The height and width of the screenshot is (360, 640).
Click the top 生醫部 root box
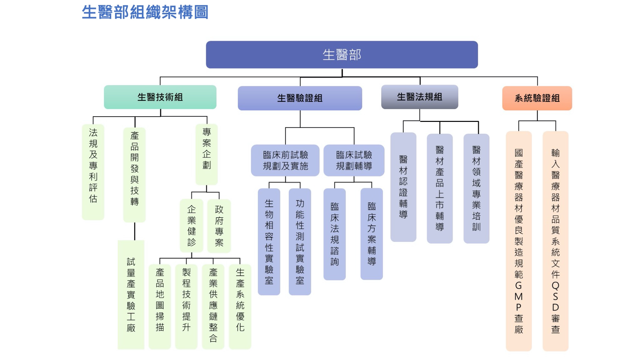342,55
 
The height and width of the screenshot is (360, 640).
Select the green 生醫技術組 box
160,97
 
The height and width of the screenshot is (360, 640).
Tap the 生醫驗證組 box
300,98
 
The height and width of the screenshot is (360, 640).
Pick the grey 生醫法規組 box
419,97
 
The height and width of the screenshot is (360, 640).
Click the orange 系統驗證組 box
537,98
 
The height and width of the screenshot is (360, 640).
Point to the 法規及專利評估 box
93,172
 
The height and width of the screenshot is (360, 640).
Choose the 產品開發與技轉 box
134,175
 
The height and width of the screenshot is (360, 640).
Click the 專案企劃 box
207,154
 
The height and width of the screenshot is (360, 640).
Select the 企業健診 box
192,226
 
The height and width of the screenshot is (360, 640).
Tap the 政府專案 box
219,226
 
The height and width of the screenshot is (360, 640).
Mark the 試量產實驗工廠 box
131,294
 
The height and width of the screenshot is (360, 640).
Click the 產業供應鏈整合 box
213,306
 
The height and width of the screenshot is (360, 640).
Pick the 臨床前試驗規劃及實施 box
285,160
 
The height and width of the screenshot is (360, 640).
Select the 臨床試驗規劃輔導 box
354,160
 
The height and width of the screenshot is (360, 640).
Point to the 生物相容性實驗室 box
269,242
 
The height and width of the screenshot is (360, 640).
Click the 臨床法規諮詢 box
334,234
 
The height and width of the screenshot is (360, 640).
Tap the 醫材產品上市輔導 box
440,188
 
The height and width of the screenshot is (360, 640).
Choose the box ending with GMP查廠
519,241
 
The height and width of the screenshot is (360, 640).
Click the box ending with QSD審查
555,241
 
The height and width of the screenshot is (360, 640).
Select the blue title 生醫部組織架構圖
145,12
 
